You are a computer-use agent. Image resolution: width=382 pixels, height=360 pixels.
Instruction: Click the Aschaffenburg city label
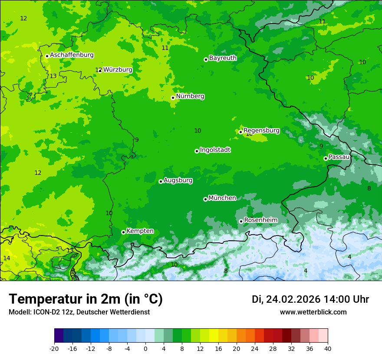pyautogui.click(x=72, y=55)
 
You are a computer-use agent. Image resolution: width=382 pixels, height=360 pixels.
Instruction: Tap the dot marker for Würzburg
pyautogui.click(x=100, y=70)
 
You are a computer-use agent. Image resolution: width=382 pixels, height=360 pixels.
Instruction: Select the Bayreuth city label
pyautogui.click(x=223, y=58)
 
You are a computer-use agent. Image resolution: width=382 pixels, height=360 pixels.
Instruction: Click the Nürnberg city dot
pyautogui.click(x=173, y=98)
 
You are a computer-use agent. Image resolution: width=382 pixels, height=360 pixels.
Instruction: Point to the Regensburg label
pyautogui.click(x=261, y=130)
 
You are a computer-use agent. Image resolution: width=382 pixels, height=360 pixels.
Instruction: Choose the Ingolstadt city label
pyautogui.click(x=215, y=150)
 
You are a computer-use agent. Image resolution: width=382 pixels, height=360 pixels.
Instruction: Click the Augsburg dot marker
pyautogui.click(x=161, y=181)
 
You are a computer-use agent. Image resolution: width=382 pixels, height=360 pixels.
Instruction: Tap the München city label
pyautogui.click(x=222, y=198)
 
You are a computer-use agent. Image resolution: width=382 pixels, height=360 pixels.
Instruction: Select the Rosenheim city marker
pyautogui.click(x=241, y=221)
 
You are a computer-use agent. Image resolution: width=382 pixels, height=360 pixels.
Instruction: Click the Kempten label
pyautogui.click(x=140, y=231)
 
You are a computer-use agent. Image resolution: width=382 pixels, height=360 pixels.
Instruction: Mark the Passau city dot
pyautogui.click(x=326, y=158)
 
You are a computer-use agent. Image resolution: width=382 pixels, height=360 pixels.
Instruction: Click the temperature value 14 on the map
pyautogui.click(x=7, y=258)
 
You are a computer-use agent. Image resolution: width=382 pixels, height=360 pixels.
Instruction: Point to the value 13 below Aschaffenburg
pyautogui.click(x=53, y=76)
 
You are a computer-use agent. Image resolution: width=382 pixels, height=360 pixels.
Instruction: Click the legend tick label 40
pyautogui.click(x=328, y=348)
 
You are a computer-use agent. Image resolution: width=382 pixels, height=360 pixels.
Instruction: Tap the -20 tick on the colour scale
pyautogui.click(x=54, y=348)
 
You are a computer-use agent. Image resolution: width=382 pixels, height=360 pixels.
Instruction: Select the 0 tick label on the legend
pyautogui.click(x=145, y=348)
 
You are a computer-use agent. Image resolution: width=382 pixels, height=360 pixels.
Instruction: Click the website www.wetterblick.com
pyautogui.click(x=313, y=312)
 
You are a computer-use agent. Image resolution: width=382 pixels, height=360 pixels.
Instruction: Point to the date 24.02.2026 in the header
pyautogui.click(x=293, y=299)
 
